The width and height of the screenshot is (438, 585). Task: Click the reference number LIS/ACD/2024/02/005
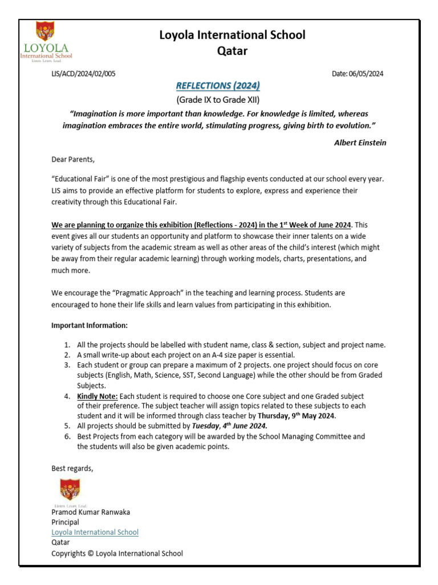point(83,74)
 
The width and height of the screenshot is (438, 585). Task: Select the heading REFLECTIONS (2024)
point(218,86)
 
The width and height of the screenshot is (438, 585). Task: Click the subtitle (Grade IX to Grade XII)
point(218,100)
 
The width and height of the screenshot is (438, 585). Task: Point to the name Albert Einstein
point(360,143)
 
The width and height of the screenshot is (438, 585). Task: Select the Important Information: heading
point(90,326)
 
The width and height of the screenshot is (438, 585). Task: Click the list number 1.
point(67,345)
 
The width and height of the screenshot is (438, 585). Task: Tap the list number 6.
point(67,436)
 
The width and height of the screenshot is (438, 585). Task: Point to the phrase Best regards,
point(72,468)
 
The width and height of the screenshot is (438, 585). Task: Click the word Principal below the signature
point(66,522)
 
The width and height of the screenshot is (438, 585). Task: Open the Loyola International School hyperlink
point(95,532)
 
